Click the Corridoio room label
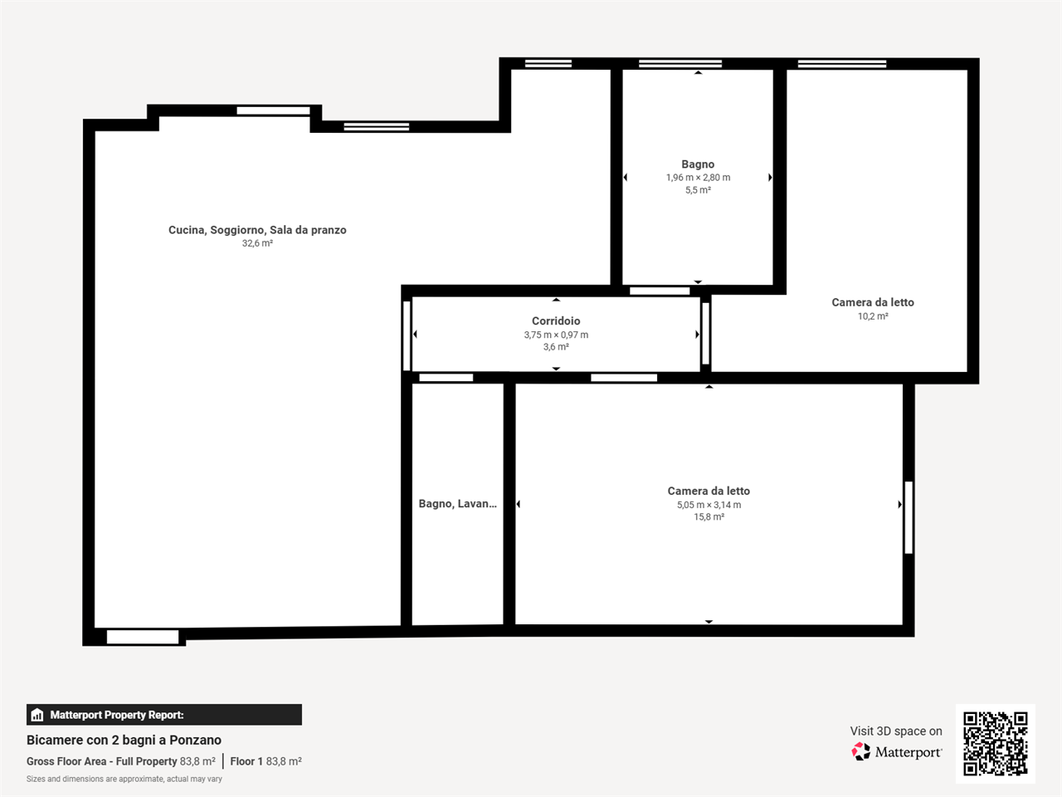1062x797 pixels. click(x=556, y=320)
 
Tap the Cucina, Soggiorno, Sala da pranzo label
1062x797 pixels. click(x=257, y=230)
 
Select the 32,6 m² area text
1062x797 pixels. click(x=257, y=243)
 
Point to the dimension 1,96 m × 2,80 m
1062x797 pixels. click(x=698, y=178)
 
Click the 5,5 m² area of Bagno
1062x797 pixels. click(x=698, y=190)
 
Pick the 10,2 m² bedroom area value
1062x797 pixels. click(x=873, y=316)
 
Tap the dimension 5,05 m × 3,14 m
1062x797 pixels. click(x=709, y=505)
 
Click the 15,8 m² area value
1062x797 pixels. click(x=709, y=517)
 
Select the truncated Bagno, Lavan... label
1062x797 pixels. click(x=458, y=504)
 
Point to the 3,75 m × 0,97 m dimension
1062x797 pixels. click(x=556, y=335)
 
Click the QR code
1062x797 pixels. click(x=996, y=744)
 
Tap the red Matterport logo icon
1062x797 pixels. click(x=860, y=752)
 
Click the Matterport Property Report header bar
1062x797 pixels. click(x=164, y=715)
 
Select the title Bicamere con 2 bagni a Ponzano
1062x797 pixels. click(x=124, y=740)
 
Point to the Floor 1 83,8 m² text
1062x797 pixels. click(x=266, y=761)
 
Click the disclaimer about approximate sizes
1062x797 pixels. click(x=124, y=779)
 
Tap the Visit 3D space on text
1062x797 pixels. click(x=896, y=731)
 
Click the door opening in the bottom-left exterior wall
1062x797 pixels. click(x=143, y=637)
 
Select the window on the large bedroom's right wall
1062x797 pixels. click(x=909, y=517)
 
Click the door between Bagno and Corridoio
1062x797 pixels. click(x=660, y=291)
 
